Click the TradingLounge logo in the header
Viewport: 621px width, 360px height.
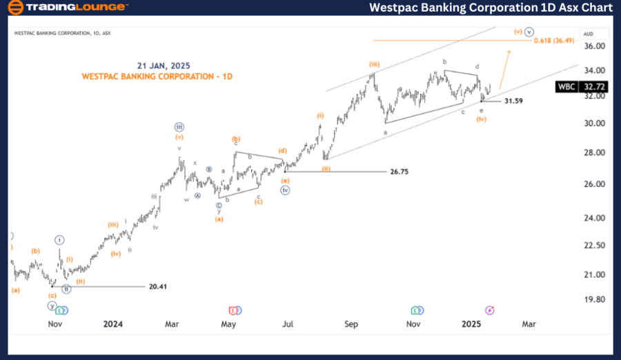click(67, 8)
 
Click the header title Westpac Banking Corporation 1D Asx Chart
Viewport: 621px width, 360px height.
click(491, 8)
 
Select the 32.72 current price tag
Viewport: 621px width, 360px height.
click(595, 88)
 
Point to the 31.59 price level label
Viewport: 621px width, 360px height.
click(513, 101)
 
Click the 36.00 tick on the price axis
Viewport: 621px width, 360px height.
click(594, 46)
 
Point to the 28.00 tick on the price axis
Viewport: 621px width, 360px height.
click(594, 152)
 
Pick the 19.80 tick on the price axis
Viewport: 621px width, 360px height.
click(594, 299)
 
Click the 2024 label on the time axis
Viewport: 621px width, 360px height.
click(113, 323)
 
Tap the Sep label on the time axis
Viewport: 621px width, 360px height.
click(352, 323)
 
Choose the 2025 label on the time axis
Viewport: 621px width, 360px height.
click(472, 323)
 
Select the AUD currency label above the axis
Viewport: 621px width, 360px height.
click(589, 33)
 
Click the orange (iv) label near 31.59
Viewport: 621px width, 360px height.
click(482, 119)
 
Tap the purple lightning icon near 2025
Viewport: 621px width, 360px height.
click(490, 310)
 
